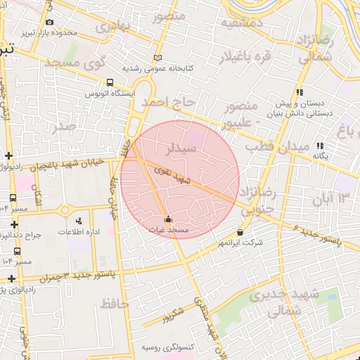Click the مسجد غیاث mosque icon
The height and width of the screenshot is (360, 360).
(x=167, y=219)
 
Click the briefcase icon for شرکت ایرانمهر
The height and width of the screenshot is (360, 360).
(x=240, y=232)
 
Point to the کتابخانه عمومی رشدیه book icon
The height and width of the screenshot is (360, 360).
(x=157, y=58)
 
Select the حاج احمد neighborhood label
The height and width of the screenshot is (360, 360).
(x=167, y=103)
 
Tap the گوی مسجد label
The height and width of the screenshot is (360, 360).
(x=75, y=63)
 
